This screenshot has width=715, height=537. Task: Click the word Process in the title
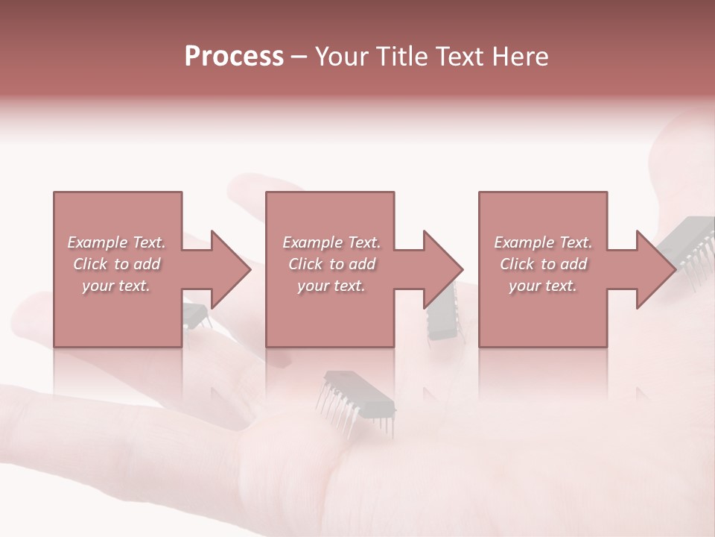pyautogui.click(x=234, y=57)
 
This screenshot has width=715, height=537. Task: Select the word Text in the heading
pyautogui.click(x=460, y=57)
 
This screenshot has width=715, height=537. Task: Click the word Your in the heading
pyautogui.click(x=344, y=57)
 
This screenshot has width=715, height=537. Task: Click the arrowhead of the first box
pyautogui.click(x=228, y=269)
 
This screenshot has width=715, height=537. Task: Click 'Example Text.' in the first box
pyautogui.click(x=116, y=242)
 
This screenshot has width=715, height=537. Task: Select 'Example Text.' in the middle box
pyautogui.click(x=331, y=242)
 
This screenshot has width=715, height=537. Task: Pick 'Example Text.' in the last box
pyautogui.click(x=543, y=242)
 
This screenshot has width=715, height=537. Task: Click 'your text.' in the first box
pyautogui.click(x=116, y=286)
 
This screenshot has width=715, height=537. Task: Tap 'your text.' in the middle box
pyautogui.click(x=331, y=286)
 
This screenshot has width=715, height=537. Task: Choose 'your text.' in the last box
pyautogui.click(x=543, y=286)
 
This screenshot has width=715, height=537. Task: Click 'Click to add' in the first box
pyautogui.click(x=116, y=264)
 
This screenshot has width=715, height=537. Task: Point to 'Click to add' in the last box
pyautogui.click(x=543, y=264)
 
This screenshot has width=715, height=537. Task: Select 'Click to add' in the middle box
pyautogui.click(x=331, y=264)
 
